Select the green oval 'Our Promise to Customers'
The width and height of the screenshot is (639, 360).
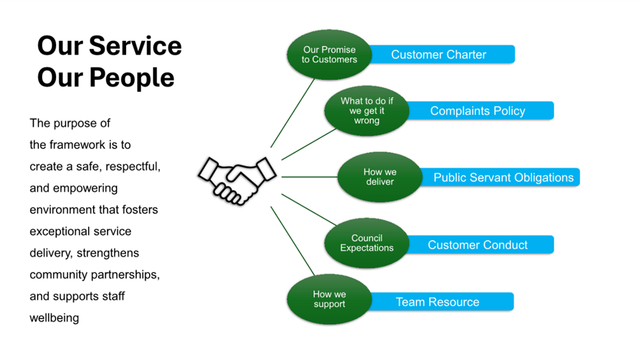tap(329, 55)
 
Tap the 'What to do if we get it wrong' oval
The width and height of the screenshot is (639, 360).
tap(366, 111)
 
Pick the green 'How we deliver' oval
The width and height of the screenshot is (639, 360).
tap(380, 177)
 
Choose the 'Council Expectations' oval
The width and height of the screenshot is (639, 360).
tap(366, 243)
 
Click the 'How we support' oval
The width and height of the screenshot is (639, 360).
tap(329, 299)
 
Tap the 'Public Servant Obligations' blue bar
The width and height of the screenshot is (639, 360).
tap(503, 178)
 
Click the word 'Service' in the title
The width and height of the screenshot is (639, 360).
tap(135, 46)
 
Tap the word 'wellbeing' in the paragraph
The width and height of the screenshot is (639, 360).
tap(54, 318)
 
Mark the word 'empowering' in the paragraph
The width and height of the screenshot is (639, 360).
tap(86, 188)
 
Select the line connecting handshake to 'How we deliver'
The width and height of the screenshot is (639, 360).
tap(309, 177)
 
